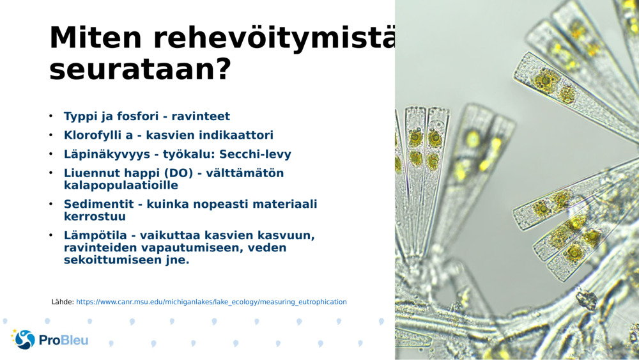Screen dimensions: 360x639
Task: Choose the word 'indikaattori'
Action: (238, 135)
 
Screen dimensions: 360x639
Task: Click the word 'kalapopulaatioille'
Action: (121, 185)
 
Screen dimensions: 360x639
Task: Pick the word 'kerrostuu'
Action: (95, 217)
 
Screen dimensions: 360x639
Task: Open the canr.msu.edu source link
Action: (212, 302)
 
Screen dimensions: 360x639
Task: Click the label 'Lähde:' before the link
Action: (63, 302)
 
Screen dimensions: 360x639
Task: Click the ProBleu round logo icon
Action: (24, 340)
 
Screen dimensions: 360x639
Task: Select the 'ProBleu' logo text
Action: (63, 340)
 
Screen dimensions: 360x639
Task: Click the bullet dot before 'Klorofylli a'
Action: (51, 135)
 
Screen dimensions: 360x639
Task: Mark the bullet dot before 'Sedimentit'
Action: (51, 204)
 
